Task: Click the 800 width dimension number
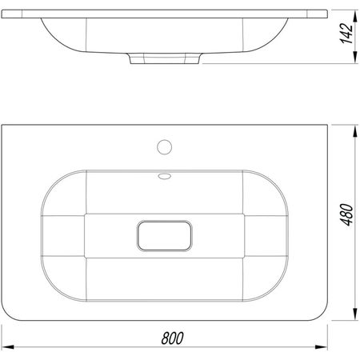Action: [172, 338]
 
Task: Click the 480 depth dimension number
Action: [346, 214]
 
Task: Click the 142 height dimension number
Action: [346, 34]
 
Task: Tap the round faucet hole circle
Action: [164, 147]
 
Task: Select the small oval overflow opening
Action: [164, 176]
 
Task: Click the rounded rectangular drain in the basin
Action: [165, 236]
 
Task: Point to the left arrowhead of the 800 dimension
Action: [8, 347]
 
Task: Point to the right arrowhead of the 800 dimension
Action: [321, 347]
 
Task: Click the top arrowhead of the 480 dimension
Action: [355, 131]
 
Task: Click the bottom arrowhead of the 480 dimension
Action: [355, 314]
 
